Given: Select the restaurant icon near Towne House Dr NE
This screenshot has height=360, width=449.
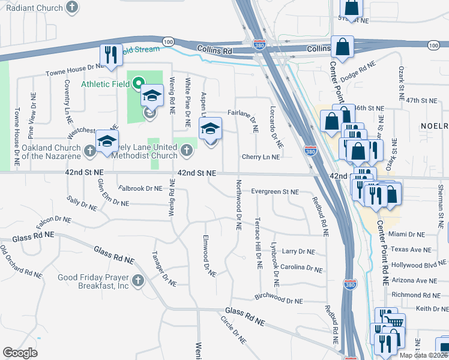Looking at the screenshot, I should click(x=111, y=56).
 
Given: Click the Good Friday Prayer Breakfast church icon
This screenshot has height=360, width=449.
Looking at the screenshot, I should click(x=138, y=280).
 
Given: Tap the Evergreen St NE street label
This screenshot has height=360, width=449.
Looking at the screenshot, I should click(x=274, y=191).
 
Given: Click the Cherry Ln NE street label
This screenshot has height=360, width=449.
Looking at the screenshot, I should click(x=261, y=157).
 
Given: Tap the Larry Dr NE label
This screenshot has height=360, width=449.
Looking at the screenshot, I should click(x=298, y=251).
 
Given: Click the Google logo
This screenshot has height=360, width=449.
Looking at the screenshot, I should click(x=20, y=353).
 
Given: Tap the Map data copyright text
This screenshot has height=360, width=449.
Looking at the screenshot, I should click(x=424, y=355).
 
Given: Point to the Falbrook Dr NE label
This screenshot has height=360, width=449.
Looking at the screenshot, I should click(x=140, y=188).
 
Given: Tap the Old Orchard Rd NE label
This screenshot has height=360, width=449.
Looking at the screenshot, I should click(x=20, y=261).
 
